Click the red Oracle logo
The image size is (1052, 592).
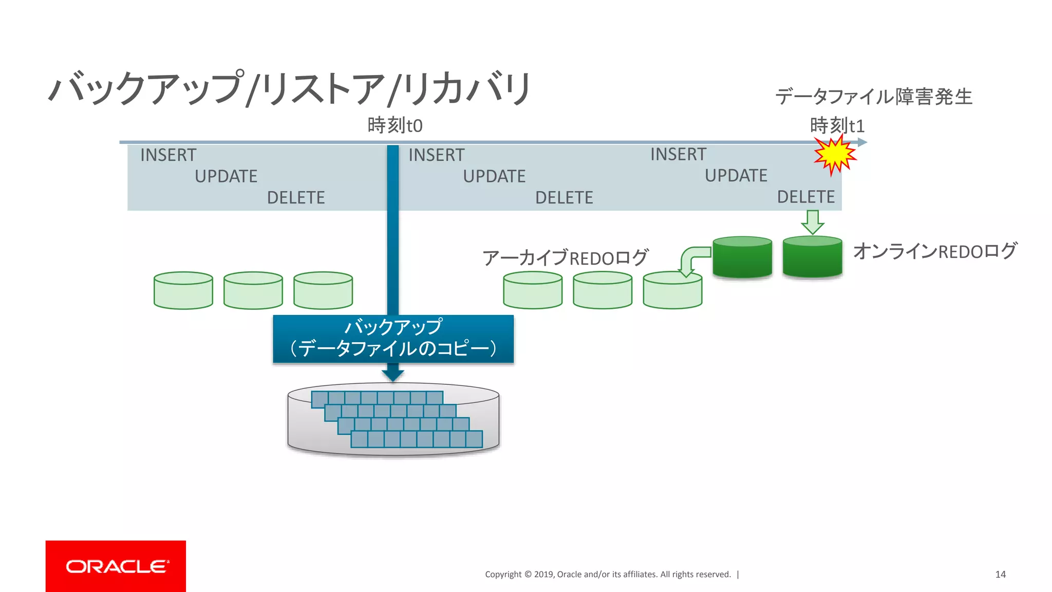click(x=116, y=566)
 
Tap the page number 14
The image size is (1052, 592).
click(x=1000, y=574)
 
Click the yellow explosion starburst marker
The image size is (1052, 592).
click(x=835, y=155)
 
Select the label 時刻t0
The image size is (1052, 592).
click(x=394, y=125)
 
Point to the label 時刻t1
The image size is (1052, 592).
click(x=837, y=125)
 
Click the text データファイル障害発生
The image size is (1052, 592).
click(x=873, y=97)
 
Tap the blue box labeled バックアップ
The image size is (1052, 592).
click(x=393, y=339)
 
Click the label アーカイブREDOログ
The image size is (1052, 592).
click(x=565, y=257)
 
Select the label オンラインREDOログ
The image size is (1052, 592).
click(x=934, y=251)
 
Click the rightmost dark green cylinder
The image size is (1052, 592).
click(x=812, y=257)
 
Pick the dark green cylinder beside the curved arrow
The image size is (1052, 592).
click(x=742, y=257)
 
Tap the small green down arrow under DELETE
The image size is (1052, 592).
click(x=813, y=221)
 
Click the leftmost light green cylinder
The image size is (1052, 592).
click(x=183, y=291)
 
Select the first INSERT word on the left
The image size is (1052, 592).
click(x=168, y=155)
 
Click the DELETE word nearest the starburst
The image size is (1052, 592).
click(x=805, y=197)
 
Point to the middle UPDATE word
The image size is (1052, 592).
click(x=494, y=176)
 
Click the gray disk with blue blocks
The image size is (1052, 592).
click(x=393, y=419)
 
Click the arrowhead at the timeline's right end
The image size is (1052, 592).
click(x=862, y=142)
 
